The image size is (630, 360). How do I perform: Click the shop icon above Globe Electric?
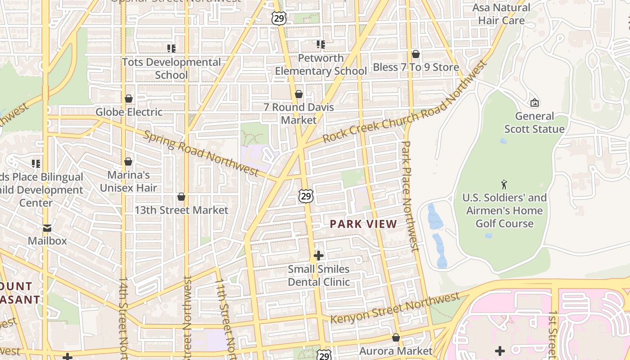(x=129, y=99)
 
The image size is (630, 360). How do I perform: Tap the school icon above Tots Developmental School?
(x=171, y=49)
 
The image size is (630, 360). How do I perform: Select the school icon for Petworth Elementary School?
(x=320, y=45)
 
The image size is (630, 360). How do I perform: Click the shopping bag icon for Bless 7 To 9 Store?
(x=416, y=54)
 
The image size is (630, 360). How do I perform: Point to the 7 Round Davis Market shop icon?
(x=298, y=94)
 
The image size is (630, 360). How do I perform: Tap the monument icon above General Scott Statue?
(x=534, y=103)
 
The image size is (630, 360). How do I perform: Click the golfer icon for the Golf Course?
(x=504, y=184)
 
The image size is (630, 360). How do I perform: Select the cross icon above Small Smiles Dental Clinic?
(x=319, y=256)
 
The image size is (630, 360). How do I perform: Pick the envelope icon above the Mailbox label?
(x=47, y=228)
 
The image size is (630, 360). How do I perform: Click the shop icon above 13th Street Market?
(x=181, y=197)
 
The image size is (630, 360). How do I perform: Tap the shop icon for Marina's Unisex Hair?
(x=128, y=162)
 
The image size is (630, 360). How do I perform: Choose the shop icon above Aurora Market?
(x=396, y=337)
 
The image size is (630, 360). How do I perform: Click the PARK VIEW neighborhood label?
(x=364, y=224)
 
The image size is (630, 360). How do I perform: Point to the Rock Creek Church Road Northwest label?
(x=405, y=102)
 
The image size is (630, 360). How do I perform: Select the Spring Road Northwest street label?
(x=201, y=153)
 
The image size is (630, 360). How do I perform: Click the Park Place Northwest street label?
(x=409, y=196)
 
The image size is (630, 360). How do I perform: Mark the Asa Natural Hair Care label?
(x=501, y=14)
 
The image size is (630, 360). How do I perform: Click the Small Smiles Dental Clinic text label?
(x=319, y=275)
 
